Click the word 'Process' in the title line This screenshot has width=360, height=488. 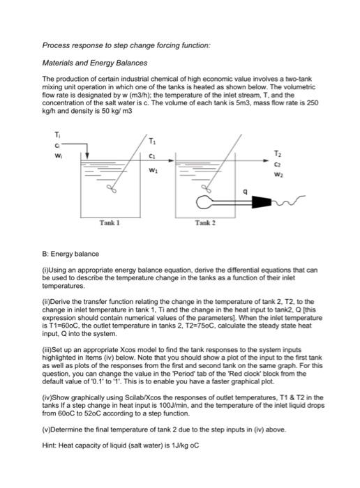57,45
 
